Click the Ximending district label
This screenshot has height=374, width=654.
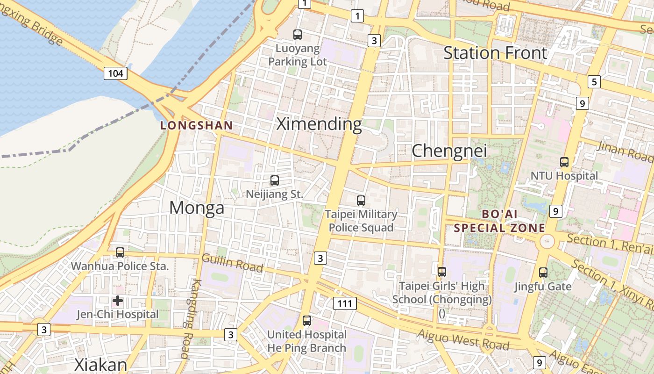coord(319,124)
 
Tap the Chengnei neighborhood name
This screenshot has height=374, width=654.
coord(449,151)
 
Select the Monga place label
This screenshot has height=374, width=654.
coord(197,208)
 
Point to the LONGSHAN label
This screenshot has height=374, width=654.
coord(196,125)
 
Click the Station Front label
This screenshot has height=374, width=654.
coord(495,53)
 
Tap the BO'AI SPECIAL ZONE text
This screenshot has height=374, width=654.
coord(499,221)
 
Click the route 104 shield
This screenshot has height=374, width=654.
coord(115,73)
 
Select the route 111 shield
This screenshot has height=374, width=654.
coord(345,303)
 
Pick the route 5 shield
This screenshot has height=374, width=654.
coord(594,82)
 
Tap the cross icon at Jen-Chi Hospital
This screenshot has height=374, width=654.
coord(118,300)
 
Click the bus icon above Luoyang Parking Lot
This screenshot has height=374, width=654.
coord(298,34)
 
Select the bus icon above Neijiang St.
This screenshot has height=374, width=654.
coord(275,180)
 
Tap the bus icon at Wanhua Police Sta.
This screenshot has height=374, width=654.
coord(120,252)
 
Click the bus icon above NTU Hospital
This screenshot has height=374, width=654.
coord(564,162)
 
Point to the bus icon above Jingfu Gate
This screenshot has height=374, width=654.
coord(543,272)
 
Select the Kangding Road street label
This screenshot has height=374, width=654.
coord(191,319)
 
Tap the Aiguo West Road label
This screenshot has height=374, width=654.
coord(463,340)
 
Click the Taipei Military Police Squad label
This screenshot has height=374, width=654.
coord(361,221)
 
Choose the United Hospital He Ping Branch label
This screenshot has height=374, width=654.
coord(306,341)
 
